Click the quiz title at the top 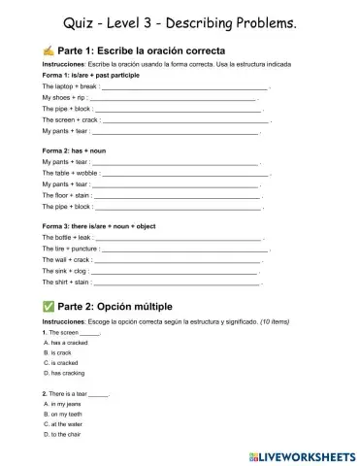pos(180,21)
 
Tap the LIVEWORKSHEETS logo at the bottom pos(303,453)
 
